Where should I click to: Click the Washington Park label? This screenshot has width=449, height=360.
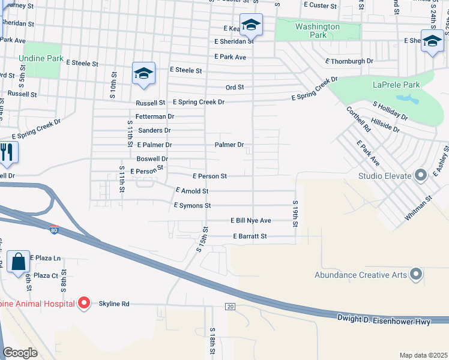click(318, 31)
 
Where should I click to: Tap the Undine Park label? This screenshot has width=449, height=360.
click(41, 59)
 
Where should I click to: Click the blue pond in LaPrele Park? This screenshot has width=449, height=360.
click(407, 98)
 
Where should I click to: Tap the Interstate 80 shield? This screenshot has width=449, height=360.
click(54, 230)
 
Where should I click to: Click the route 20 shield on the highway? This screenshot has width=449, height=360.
click(230, 307)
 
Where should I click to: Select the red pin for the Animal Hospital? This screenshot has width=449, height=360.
click(85, 304)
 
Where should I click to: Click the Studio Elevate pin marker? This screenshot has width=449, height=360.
click(420, 176)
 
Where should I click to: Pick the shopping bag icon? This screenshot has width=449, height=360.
click(19, 262)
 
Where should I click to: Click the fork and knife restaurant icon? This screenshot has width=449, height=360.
click(7, 152)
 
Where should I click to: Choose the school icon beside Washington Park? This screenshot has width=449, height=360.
click(251, 25)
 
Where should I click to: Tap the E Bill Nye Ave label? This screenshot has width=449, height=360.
click(251, 221)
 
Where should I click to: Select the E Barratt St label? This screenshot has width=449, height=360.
click(250, 236)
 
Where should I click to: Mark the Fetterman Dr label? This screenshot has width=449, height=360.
click(154, 116)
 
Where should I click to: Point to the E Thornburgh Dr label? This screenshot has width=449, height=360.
click(349, 61)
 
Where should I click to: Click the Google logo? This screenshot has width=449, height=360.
click(20, 352)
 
